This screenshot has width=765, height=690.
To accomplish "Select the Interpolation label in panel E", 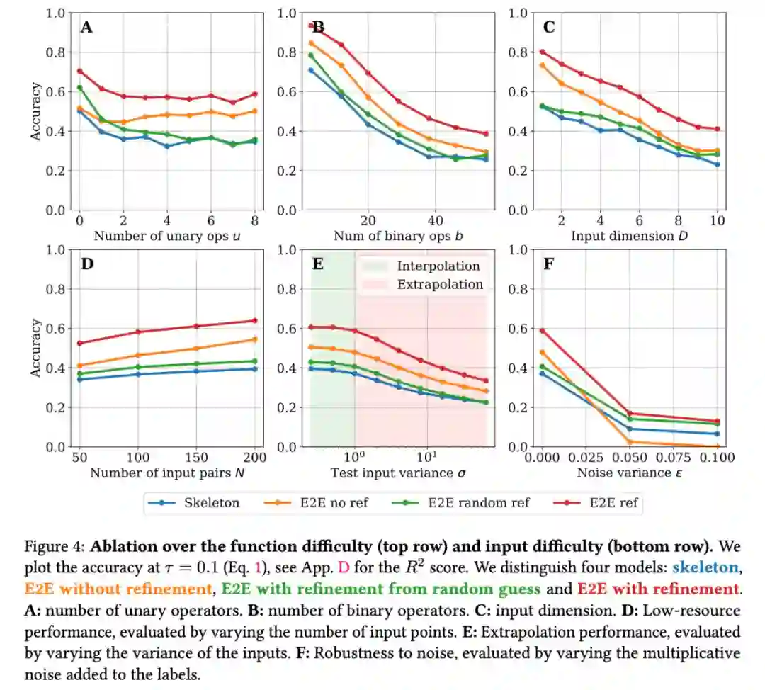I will click(x=438, y=266).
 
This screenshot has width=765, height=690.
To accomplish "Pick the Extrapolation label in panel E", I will click(x=440, y=285).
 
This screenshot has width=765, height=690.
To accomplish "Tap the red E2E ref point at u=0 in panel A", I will click(x=80, y=71).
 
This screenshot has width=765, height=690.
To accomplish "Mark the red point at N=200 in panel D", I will click(x=254, y=320).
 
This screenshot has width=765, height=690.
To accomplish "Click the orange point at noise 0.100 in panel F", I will click(x=718, y=446).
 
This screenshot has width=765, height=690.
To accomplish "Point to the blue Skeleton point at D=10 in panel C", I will click(x=718, y=164).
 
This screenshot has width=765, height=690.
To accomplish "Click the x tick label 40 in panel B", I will click(x=436, y=220).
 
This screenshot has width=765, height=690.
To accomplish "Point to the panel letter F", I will click(x=548, y=265).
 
